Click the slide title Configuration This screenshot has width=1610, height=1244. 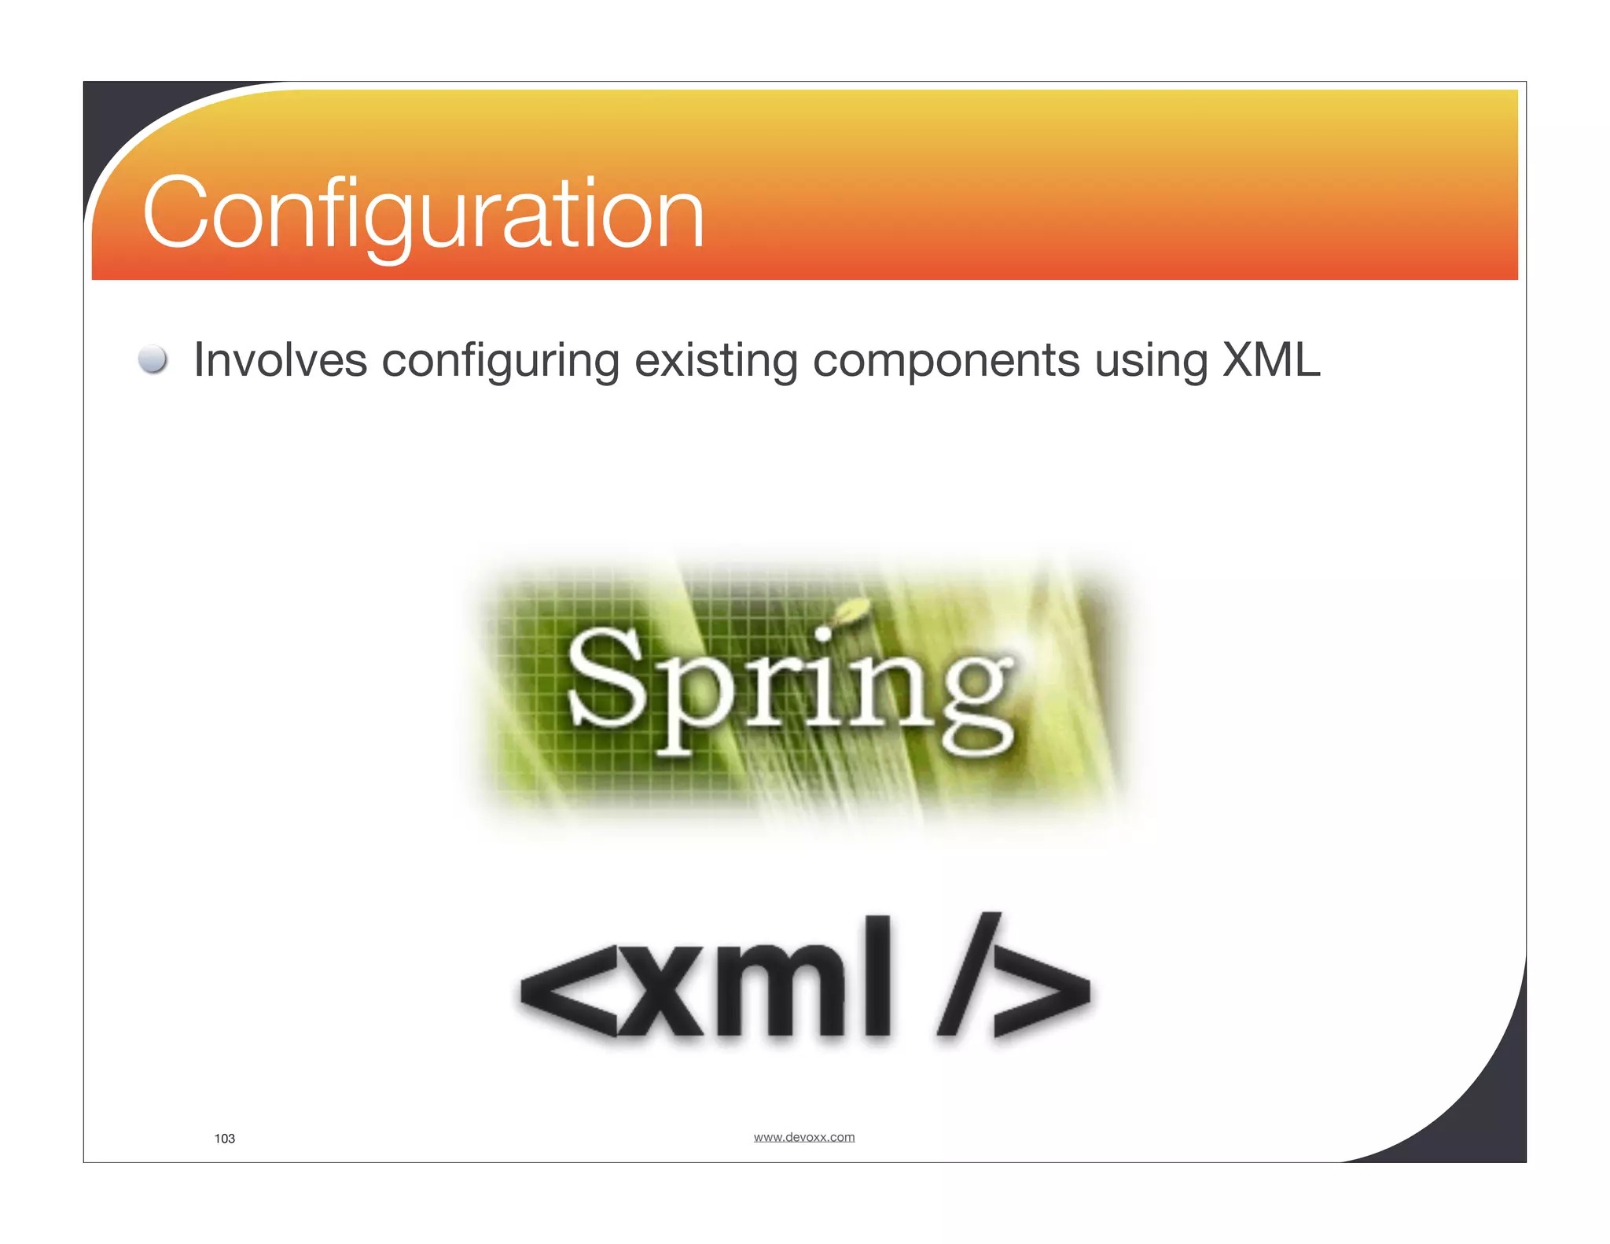(423, 214)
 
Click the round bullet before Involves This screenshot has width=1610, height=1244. (153, 359)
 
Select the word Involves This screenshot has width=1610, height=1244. (280, 361)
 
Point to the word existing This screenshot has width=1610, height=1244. (715, 362)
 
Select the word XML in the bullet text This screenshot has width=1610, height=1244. (1271, 360)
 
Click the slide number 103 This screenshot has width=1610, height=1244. (225, 1139)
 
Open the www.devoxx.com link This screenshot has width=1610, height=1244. (803, 1137)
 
